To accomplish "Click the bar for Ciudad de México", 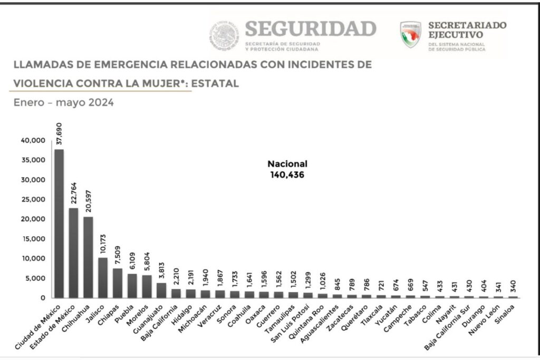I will point(60,223).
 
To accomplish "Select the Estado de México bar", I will point(74,253).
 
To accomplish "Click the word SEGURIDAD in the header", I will point(311,28).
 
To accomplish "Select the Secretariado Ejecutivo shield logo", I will point(410,35).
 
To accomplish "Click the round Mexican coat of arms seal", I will point(225,36).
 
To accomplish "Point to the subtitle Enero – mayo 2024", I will point(63,103).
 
